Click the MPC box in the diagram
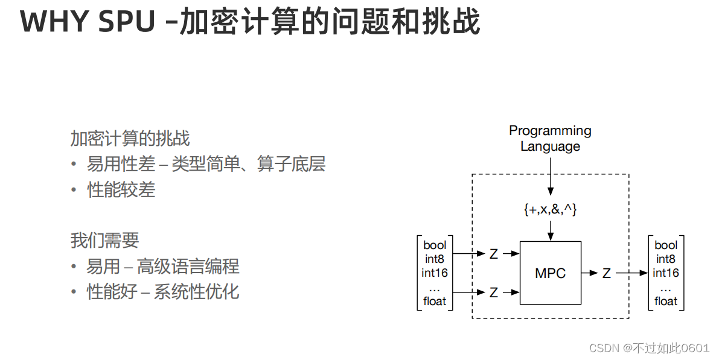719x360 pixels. tap(551, 273)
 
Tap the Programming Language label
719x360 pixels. tap(550, 138)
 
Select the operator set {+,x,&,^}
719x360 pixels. tap(550, 209)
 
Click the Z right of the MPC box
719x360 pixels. tap(606, 273)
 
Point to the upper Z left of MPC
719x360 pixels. tap(494, 254)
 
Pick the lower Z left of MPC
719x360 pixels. tap(494, 292)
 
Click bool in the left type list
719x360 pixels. tap(435, 245)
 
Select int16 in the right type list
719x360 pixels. tap(666, 273)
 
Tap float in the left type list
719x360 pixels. tap(435, 301)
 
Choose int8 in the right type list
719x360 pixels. tap(666, 259)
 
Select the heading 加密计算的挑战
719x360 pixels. tap(130, 139)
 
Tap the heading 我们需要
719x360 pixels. tap(104, 240)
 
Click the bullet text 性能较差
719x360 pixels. tap(121, 190)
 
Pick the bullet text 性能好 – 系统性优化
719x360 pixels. tap(163, 292)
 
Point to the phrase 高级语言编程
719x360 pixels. tap(188, 266)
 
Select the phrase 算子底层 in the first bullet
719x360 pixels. tap(292, 164)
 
